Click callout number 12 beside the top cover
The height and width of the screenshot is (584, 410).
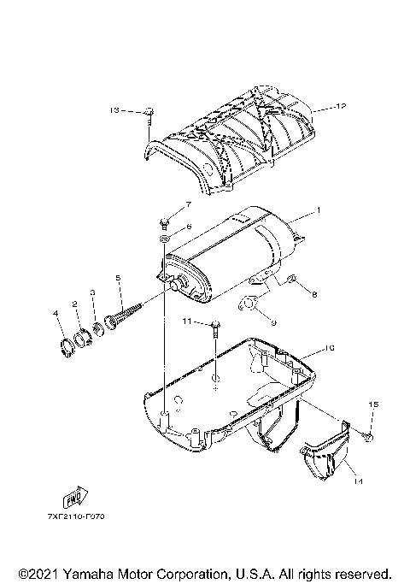341,108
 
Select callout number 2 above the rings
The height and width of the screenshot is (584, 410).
75,304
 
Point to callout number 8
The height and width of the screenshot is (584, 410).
314,295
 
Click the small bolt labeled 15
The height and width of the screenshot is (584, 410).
368,437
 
